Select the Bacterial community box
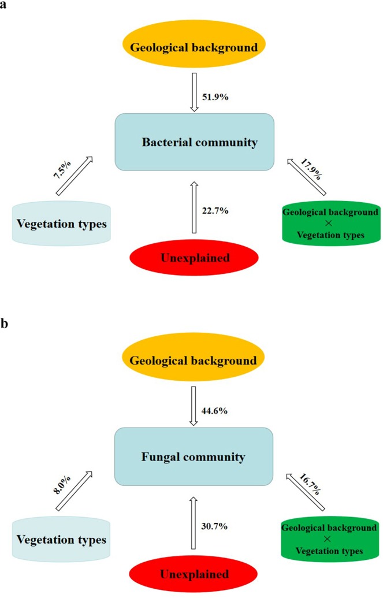tap(194, 142)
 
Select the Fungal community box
tap(193, 456)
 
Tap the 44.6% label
tap(214, 411)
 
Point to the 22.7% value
tap(214, 211)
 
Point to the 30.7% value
tap(214, 526)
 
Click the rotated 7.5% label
tap(62, 172)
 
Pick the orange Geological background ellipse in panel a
tap(194, 47)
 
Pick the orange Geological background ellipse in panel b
tap(194, 361)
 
